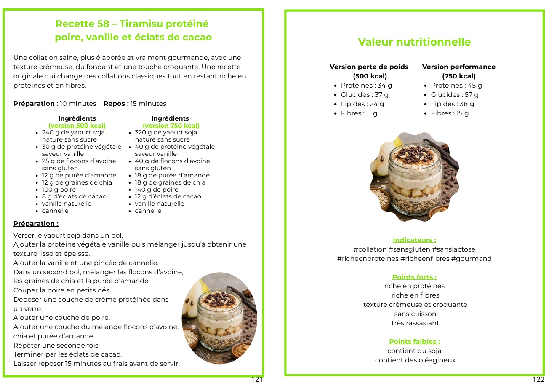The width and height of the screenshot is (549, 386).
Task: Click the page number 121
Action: (x=257, y=379)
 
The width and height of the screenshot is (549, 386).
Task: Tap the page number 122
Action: (x=538, y=379)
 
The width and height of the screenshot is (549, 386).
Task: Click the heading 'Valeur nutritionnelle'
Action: (x=414, y=42)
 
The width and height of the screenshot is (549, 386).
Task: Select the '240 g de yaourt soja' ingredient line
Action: (x=73, y=132)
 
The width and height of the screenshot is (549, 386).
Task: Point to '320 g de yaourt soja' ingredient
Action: (x=166, y=132)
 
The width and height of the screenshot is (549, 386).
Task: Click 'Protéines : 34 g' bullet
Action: (x=366, y=86)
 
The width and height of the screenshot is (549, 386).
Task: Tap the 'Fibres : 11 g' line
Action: (x=359, y=113)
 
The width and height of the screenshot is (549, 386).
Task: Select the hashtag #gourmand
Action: (x=471, y=259)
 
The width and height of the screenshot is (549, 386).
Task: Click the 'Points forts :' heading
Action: (x=414, y=277)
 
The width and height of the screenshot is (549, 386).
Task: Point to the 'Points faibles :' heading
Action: (x=414, y=342)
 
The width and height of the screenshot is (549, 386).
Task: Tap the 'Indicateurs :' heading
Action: (x=414, y=240)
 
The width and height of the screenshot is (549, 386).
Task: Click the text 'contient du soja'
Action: (x=414, y=351)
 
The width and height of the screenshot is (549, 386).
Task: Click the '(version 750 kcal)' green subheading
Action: (x=171, y=126)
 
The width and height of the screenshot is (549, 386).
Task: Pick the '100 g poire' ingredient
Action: (x=59, y=190)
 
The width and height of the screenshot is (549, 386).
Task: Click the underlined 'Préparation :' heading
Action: (x=36, y=224)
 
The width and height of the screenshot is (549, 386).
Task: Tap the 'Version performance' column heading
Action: (x=458, y=67)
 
